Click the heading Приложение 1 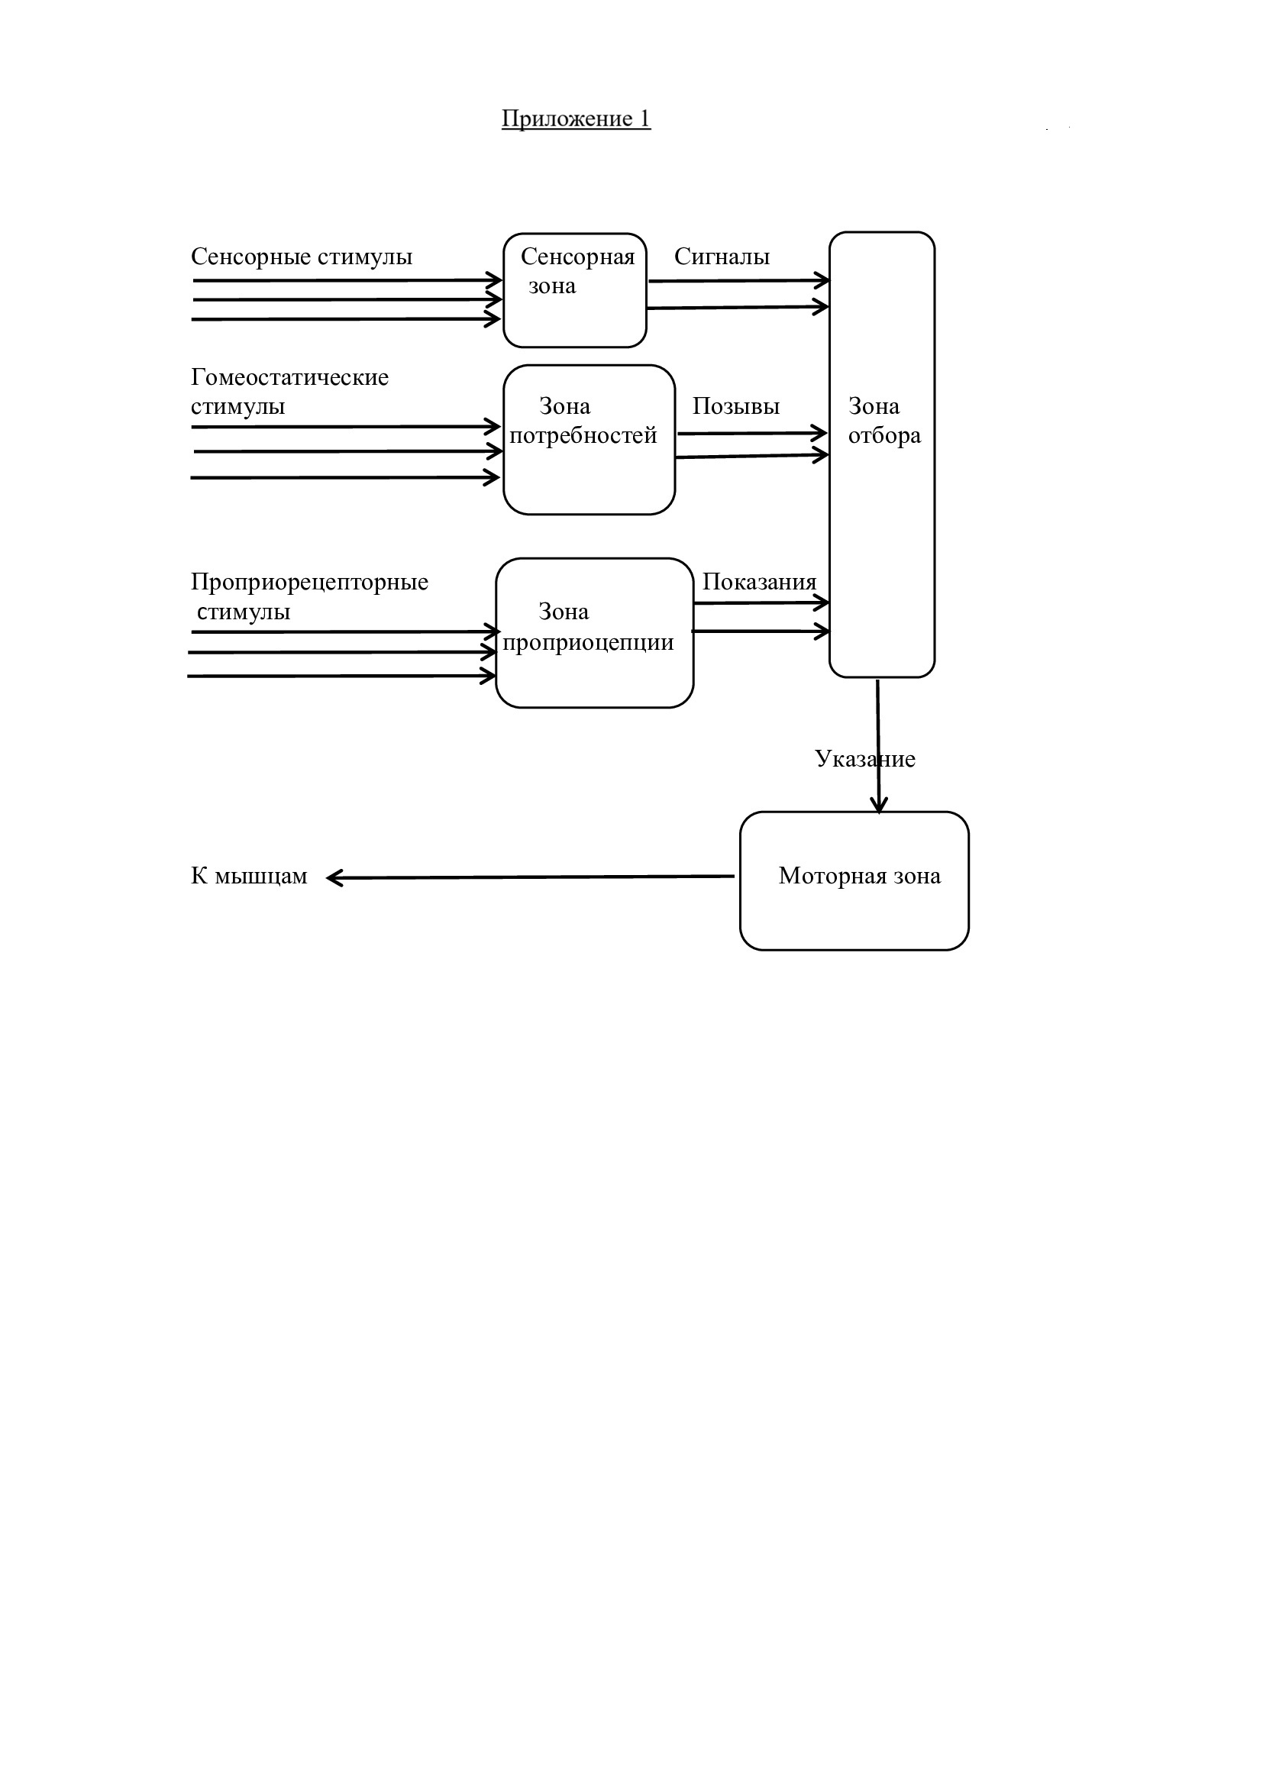(576, 118)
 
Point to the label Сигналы (722, 257)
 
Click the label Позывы (735, 406)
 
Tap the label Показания (759, 582)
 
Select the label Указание (865, 758)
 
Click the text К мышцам (249, 876)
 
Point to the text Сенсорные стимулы (302, 257)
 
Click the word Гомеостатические (289, 377)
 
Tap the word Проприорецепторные (309, 582)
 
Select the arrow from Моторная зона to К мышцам (531, 877)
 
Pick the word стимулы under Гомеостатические (238, 407)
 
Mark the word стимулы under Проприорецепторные (244, 612)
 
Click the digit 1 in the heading (644, 118)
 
